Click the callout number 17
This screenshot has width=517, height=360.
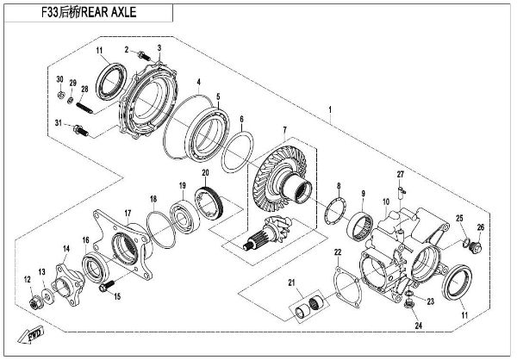pyautogui.click(x=126, y=213)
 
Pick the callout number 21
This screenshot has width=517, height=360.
pyautogui.click(x=291, y=283)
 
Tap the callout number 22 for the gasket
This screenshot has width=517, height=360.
pyautogui.click(x=338, y=251)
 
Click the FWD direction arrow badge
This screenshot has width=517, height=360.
pyautogui.click(x=35, y=332)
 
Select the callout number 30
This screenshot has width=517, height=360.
pyautogui.click(x=59, y=80)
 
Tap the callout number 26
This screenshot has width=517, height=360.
pyautogui.click(x=481, y=227)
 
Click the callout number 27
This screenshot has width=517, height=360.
pyautogui.click(x=400, y=176)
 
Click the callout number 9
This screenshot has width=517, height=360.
pyautogui.click(x=363, y=194)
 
